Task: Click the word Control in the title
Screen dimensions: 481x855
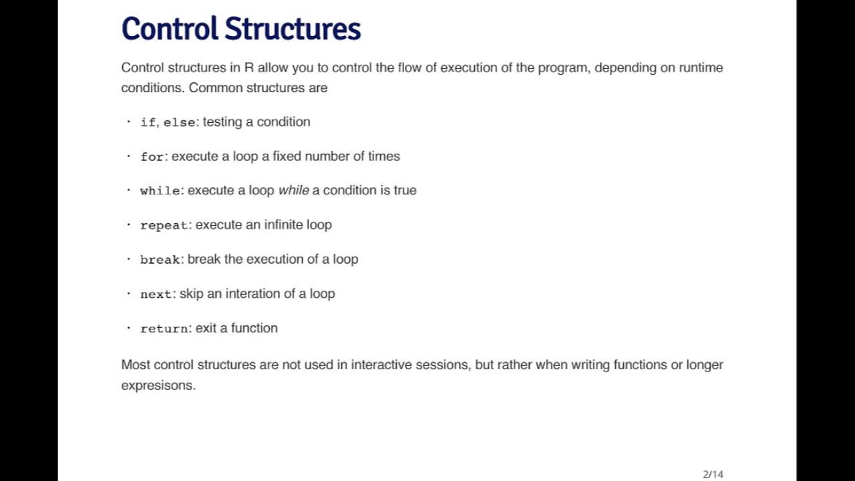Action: (170, 29)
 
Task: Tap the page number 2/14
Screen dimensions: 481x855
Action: (713, 474)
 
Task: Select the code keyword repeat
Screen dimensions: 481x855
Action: (164, 226)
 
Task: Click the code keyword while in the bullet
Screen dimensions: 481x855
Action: (160, 191)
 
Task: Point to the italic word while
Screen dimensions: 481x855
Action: (293, 190)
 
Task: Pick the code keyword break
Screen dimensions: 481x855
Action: (160, 260)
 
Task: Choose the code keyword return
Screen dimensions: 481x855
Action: (164, 329)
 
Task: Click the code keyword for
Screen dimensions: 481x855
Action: (152, 157)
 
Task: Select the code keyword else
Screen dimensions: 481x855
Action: (179, 123)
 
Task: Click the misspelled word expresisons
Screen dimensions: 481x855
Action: (158, 385)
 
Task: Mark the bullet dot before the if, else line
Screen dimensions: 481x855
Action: (128, 122)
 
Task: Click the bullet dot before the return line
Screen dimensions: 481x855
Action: (128, 328)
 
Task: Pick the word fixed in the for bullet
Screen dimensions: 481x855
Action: (287, 156)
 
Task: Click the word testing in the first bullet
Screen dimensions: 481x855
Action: (222, 122)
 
